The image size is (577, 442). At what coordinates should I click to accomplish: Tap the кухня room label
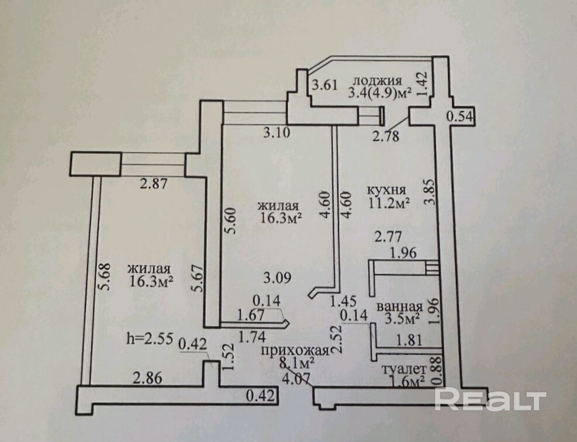pyautogui.click(x=386, y=191)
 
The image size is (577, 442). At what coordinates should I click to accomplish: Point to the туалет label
pyautogui.click(x=403, y=370)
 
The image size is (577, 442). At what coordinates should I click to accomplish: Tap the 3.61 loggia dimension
pyautogui.click(x=324, y=85)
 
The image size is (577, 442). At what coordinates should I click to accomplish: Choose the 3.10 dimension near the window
pyautogui.click(x=277, y=133)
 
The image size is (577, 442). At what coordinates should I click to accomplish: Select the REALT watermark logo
pyautogui.click(x=490, y=399)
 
